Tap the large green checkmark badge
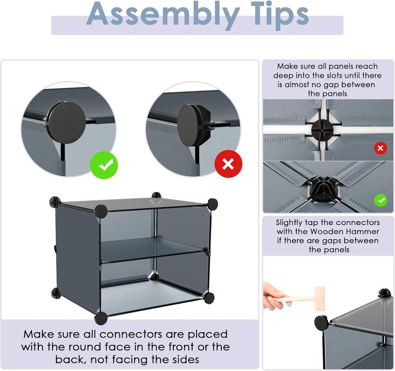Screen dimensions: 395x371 tap(104, 165)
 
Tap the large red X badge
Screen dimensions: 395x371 tap(228, 164)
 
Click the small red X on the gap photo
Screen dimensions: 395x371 tap(380, 148)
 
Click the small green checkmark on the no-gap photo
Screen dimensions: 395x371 tap(381, 200)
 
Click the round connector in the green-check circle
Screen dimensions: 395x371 tap(67, 123)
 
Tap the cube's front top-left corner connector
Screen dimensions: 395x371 tap(101, 211)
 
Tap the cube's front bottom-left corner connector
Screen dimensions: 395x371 tap(101, 318)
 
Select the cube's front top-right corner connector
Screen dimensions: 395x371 tap(212, 204)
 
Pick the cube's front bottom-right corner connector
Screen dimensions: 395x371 tap(209, 298)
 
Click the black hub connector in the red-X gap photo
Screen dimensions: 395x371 tap(322, 130)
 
